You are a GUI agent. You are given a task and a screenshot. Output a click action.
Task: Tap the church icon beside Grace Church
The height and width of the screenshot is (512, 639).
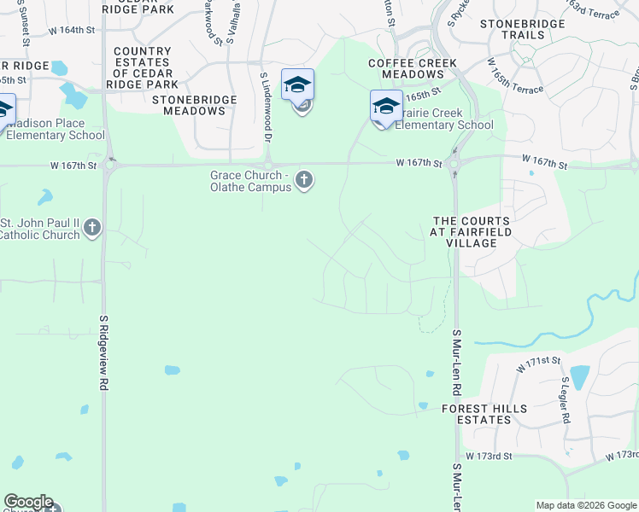(304, 180)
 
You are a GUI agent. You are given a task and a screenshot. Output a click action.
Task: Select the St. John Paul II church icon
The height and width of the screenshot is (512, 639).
(92, 228)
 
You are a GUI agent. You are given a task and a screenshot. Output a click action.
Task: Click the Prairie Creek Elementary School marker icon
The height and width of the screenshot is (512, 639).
(385, 107)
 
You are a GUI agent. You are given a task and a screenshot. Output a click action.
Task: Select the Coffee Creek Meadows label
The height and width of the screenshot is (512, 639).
(413, 69)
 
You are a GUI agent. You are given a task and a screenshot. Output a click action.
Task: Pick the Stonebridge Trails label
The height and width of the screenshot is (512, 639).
(523, 30)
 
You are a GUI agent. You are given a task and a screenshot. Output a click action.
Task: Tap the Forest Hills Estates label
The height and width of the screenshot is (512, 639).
(476, 415)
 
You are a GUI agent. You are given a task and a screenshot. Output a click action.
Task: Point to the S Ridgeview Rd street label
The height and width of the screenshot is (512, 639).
(103, 353)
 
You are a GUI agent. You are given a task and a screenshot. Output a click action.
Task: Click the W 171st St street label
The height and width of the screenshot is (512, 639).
(538, 366)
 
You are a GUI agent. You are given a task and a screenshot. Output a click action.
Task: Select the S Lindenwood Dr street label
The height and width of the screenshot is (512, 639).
(266, 107)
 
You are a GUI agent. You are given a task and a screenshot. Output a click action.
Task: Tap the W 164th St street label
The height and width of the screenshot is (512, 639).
(71, 30)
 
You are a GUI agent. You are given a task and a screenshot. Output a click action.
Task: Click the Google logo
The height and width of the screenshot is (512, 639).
(28, 502)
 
